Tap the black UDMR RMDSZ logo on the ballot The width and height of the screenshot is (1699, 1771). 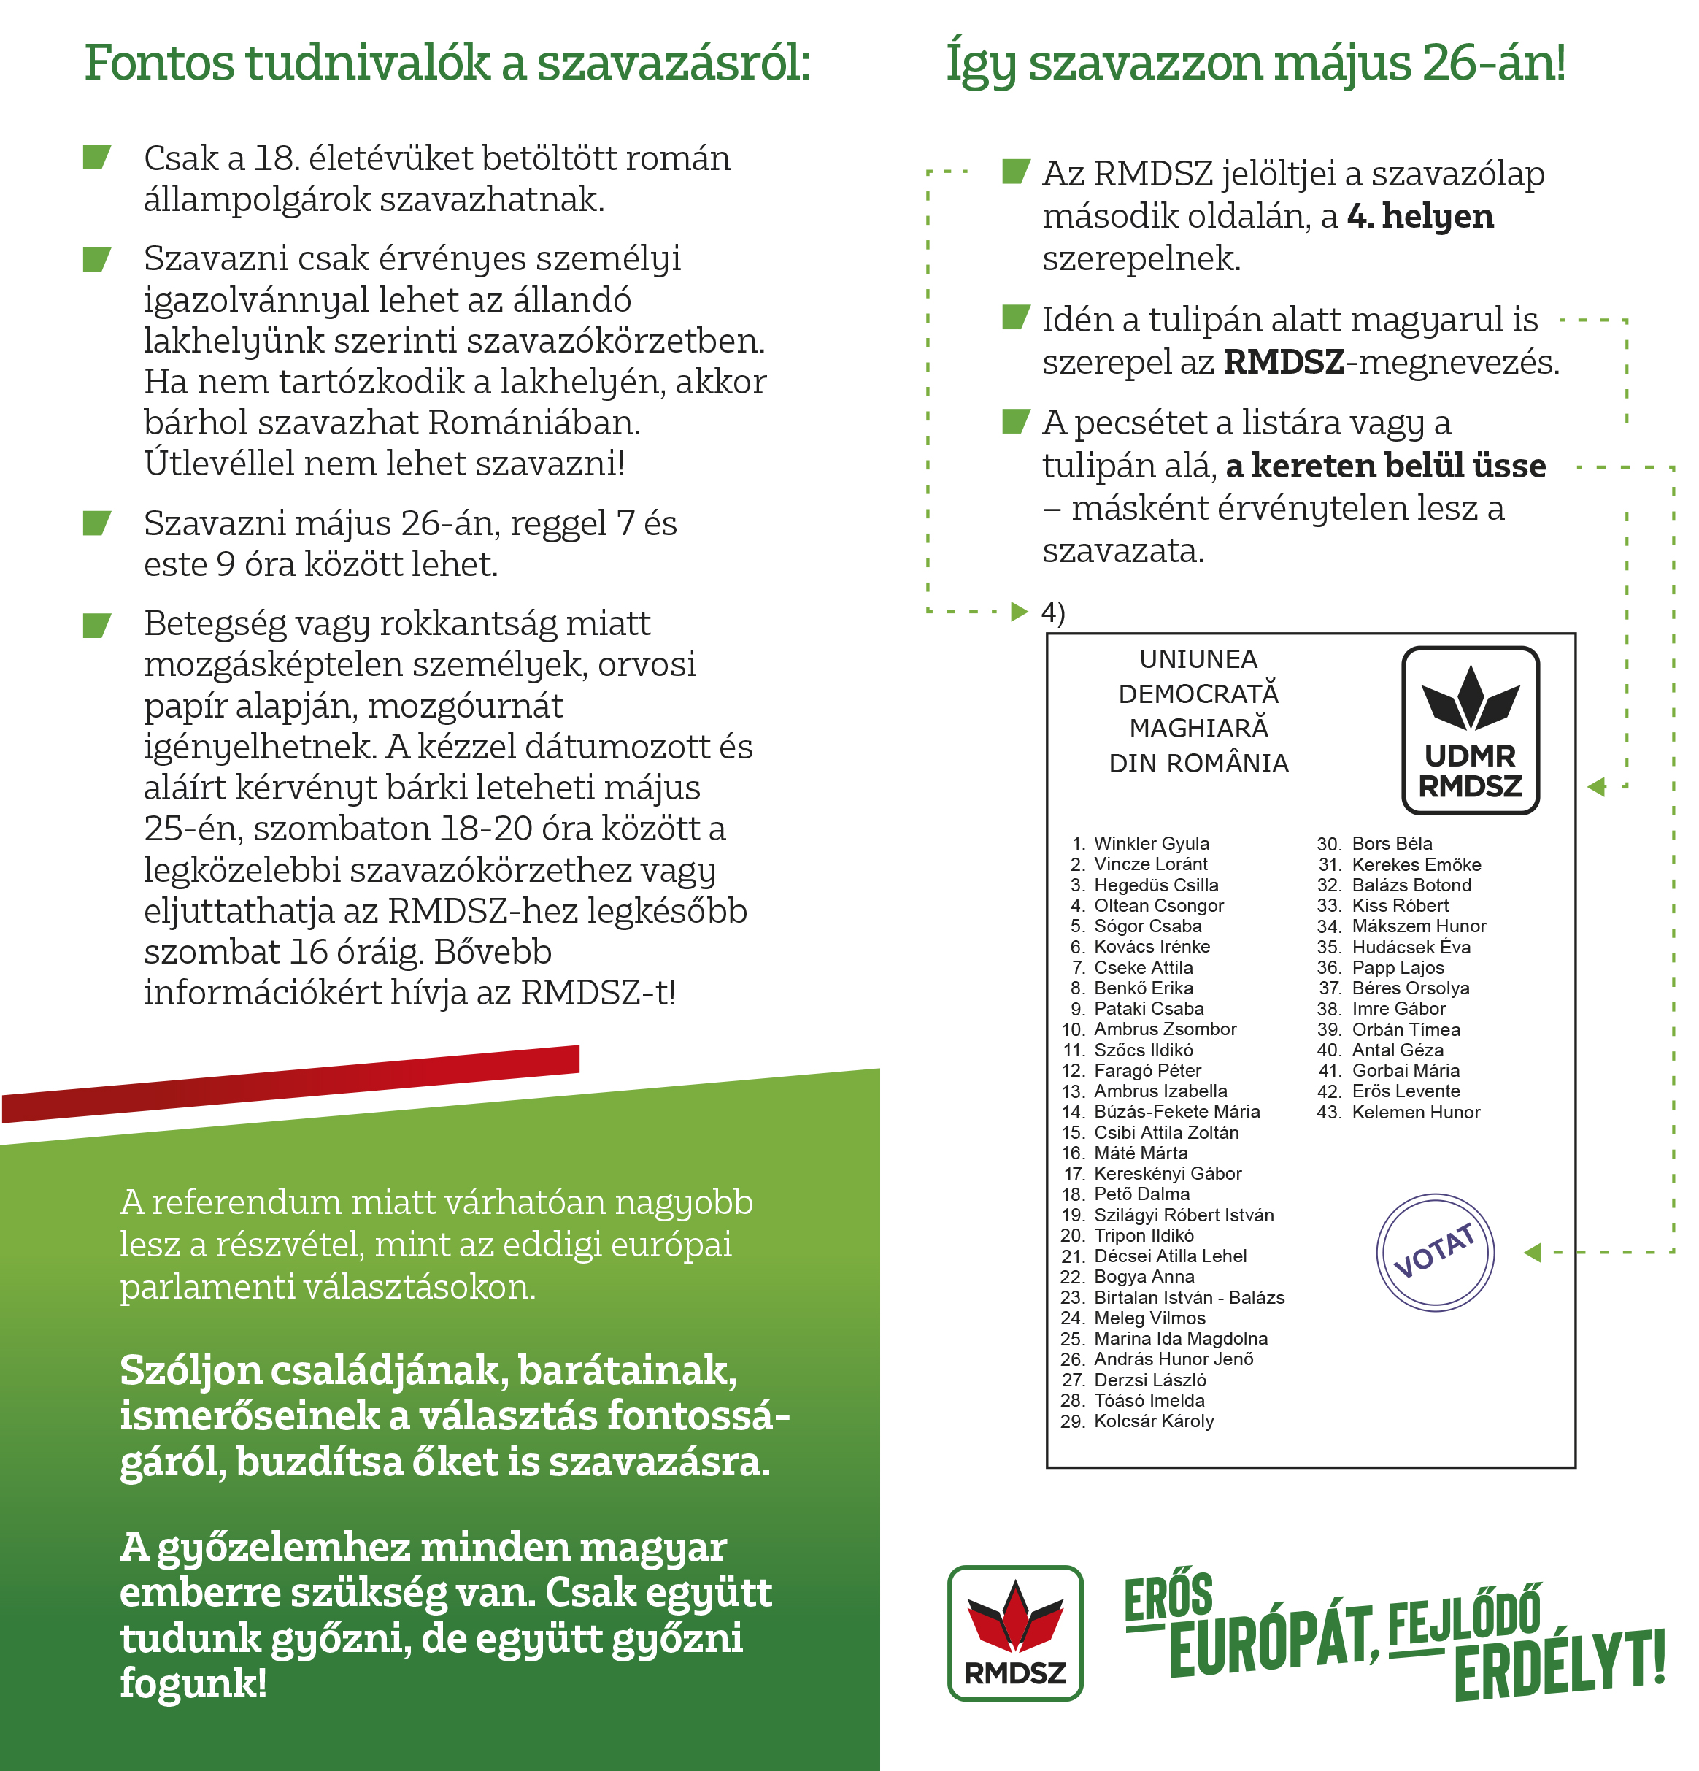[x=1470, y=730]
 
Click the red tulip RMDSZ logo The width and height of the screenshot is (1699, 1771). [x=1014, y=1633]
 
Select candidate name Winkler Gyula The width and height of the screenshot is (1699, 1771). [x=1151, y=843]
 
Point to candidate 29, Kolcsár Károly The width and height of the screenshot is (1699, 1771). [x=1152, y=1421]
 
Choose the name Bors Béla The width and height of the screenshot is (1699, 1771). [x=1391, y=843]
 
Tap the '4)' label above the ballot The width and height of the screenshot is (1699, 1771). [x=1052, y=612]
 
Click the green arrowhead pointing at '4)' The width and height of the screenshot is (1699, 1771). [x=1019, y=612]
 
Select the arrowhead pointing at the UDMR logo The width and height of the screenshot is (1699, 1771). [x=1596, y=786]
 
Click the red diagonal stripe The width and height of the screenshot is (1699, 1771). [x=289, y=1082]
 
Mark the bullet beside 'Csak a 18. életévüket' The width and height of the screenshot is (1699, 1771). [x=96, y=157]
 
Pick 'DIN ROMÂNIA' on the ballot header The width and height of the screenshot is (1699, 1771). [x=1198, y=764]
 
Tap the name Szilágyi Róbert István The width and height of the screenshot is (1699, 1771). [x=1182, y=1215]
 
